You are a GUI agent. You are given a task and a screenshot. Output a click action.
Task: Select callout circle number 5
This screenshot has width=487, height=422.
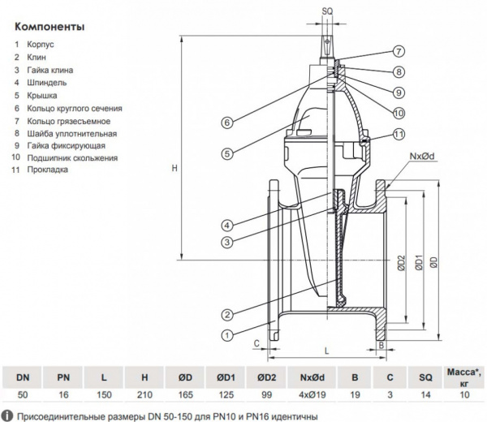pos(227,152)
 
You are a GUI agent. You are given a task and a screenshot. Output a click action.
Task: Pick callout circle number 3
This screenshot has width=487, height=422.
pos(227,241)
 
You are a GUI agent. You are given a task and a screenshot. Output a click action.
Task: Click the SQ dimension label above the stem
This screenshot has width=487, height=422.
pos(328,10)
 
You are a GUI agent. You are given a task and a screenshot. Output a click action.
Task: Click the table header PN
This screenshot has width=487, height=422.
pos(63,377)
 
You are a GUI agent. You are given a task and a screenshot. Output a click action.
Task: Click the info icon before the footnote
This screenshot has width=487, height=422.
pos(8,414)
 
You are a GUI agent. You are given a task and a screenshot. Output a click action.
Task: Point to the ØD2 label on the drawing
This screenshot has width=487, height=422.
pos(401,264)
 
